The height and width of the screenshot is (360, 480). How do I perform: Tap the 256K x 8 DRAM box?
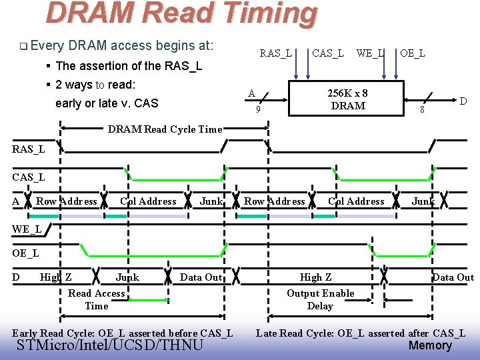pyautogui.click(x=347, y=99)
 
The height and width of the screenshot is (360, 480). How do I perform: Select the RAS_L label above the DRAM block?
pyautogui.click(x=275, y=53)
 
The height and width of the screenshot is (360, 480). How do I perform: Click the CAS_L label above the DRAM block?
pyautogui.click(x=328, y=53)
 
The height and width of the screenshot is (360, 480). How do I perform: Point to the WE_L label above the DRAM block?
pyautogui.click(x=370, y=53)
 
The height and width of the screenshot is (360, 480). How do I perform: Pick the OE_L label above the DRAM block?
pyautogui.click(x=413, y=53)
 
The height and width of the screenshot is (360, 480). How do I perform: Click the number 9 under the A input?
pyautogui.click(x=258, y=109)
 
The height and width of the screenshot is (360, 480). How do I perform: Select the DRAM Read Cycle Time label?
pyautogui.click(x=165, y=129)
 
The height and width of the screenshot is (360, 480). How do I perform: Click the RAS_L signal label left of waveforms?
pyautogui.click(x=29, y=149)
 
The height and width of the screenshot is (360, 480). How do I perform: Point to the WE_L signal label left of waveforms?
pyautogui.click(x=27, y=229)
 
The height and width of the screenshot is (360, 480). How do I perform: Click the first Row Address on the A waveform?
pyautogui.click(x=67, y=201)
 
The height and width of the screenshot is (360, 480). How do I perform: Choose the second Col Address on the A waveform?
pyautogui.click(x=356, y=201)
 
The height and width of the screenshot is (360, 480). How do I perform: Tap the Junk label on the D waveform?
pyautogui.click(x=127, y=277)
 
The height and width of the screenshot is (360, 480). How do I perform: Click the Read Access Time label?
pyautogui.click(x=97, y=299)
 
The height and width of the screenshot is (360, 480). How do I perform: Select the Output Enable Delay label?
pyautogui.click(x=320, y=299)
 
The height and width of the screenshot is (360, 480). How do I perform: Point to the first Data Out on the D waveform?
pyautogui.click(x=201, y=277)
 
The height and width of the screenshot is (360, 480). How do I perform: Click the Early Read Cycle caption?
pyautogui.click(x=123, y=333)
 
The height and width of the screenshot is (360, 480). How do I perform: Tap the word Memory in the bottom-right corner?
pyautogui.click(x=430, y=345)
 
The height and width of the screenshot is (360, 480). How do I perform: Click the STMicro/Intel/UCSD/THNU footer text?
pyautogui.click(x=110, y=345)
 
